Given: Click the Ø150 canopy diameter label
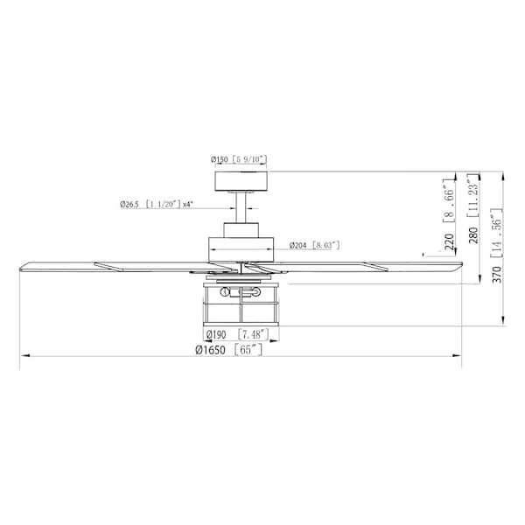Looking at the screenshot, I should click(x=219, y=160).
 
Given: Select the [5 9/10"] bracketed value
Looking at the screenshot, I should click(x=248, y=160).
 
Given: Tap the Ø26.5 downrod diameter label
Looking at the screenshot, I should click(x=132, y=204).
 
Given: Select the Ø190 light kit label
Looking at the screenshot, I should click(x=216, y=334).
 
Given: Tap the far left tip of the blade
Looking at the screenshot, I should click(x=21, y=263).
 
